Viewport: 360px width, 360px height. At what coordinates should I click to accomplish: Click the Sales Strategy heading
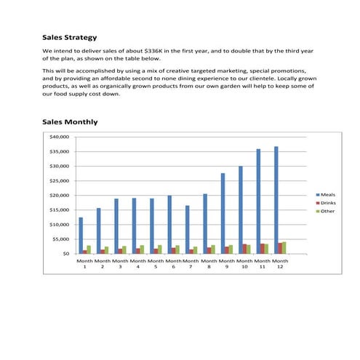[70, 37]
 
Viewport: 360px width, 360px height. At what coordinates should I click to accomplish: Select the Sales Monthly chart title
[70, 121]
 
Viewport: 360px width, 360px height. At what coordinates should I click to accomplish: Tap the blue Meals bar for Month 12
[276, 200]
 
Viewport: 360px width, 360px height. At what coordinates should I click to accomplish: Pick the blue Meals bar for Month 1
[81, 235]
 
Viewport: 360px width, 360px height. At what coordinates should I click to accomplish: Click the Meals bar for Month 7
[188, 229]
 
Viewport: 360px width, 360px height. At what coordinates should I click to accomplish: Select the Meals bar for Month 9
[223, 213]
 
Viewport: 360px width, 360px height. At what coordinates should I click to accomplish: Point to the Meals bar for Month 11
[258, 201]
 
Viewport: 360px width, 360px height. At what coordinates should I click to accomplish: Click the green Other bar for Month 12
[284, 247]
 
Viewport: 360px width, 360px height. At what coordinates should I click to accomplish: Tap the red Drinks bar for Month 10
[244, 249]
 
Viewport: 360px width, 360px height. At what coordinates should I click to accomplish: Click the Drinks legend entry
[326, 203]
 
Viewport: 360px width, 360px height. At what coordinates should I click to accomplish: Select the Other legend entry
[325, 211]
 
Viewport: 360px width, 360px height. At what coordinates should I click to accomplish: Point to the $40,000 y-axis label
[59, 137]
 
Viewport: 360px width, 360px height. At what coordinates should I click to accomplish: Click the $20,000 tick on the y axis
[59, 195]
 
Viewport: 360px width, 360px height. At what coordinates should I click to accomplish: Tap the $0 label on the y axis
[65, 254]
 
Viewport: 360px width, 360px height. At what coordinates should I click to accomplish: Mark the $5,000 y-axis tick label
[60, 239]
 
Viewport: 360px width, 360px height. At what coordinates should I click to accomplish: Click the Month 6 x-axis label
[173, 263]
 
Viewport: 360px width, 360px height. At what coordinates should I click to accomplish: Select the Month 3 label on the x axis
[120, 263]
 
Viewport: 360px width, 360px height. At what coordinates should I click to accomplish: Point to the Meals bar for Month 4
[134, 225]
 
